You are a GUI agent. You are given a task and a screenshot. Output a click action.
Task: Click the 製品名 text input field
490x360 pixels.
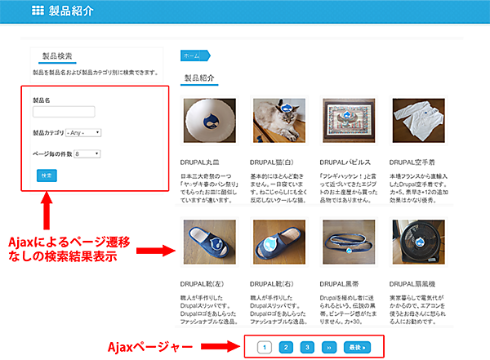(64, 112)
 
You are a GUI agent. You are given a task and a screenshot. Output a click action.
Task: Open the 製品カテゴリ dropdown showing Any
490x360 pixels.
(82, 132)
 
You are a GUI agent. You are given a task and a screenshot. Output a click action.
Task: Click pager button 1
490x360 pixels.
(264, 346)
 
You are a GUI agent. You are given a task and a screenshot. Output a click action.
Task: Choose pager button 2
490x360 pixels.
(286, 346)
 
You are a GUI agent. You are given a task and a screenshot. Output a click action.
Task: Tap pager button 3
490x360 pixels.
(307, 346)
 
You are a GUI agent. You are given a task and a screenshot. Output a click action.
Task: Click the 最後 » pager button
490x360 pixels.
(357, 346)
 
